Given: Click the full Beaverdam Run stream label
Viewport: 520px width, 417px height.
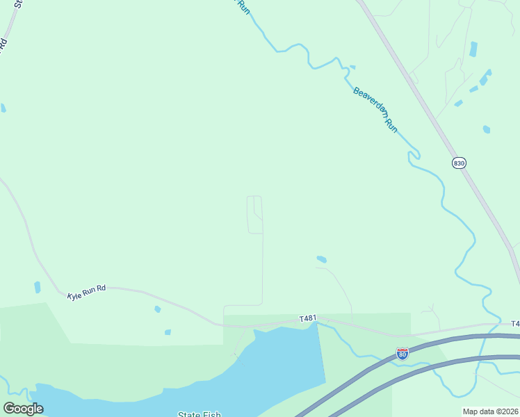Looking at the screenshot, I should pyautogui.click(x=375, y=110).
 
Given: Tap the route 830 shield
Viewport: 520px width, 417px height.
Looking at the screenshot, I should pyautogui.click(x=458, y=163).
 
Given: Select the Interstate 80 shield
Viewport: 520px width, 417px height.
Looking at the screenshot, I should pyautogui.click(x=402, y=353).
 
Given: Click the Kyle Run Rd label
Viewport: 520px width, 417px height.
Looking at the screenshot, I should pyautogui.click(x=86, y=295).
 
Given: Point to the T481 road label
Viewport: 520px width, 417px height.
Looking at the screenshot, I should pyautogui.click(x=308, y=318).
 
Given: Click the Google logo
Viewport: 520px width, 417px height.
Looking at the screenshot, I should pyautogui.click(x=23, y=409).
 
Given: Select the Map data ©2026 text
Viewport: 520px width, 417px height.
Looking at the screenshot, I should pyautogui.click(x=490, y=411).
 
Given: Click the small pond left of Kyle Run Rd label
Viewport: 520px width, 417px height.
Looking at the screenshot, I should pyautogui.click(x=37, y=287).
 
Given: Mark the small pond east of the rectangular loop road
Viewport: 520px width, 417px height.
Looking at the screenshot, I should pyautogui.click(x=321, y=259).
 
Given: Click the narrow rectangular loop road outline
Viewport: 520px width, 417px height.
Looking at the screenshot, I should pyautogui.click(x=255, y=215).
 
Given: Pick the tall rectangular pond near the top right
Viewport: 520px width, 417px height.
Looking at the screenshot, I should pyautogui.click(x=473, y=49).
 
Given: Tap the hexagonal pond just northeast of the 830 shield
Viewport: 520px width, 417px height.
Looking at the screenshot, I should pyautogui.click(x=487, y=129).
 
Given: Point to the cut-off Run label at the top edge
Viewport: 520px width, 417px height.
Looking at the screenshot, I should pyautogui.click(x=243, y=6).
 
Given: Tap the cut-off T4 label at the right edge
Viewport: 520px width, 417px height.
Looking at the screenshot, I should pyautogui.click(x=515, y=324).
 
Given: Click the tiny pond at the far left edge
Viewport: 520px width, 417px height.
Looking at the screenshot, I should pyautogui.click(x=3, y=108).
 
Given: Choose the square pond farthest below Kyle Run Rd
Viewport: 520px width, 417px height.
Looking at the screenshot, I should pyautogui.click(x=168, y=332).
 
